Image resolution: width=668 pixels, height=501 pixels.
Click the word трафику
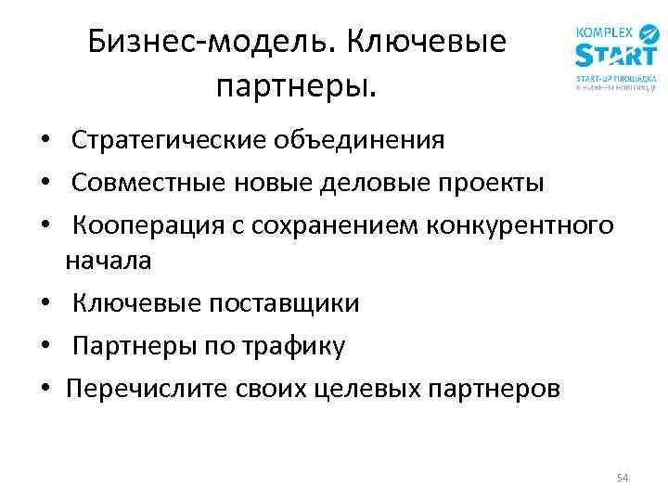(x=294, y=346)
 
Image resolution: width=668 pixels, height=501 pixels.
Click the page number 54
(x=622, y=478)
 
